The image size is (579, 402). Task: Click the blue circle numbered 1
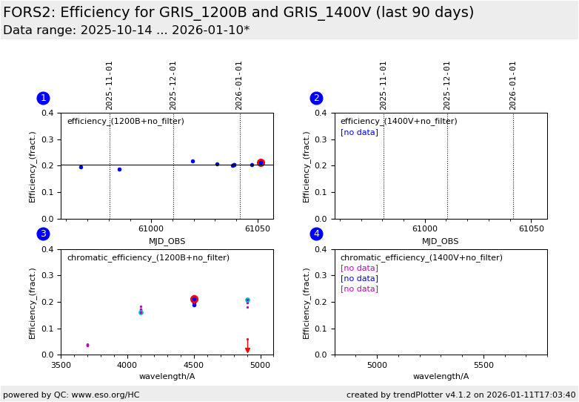[x=43, y=98]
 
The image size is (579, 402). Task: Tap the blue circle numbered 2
[x=316, y=98]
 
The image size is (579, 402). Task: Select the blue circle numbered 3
[x=43, y=234]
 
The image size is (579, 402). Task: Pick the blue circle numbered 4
[x=316, y=234]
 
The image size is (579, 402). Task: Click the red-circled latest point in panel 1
[x=261, y=162]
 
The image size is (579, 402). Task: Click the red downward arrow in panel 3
[x=247, y=349]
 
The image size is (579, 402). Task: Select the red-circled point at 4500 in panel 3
[x=194, y=300]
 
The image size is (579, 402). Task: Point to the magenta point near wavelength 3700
[x=87, y=345]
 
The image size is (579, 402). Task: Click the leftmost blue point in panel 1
[x=81, y=167]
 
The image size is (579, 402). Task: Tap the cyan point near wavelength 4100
[x=141, y=312]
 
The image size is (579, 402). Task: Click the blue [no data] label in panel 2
[x=359, y=133]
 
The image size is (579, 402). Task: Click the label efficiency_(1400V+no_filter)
[x=398, y=122]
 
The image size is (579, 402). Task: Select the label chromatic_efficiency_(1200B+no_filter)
[x=148, y=258]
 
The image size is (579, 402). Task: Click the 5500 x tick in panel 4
[x=483, y=365]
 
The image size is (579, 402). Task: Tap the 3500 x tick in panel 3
[x=61, y=365]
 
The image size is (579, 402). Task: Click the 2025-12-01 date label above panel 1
[x=173, y=85]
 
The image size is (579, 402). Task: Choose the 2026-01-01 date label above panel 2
[x=513, y=85]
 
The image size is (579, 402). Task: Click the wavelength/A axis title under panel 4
[x=441, y=377]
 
